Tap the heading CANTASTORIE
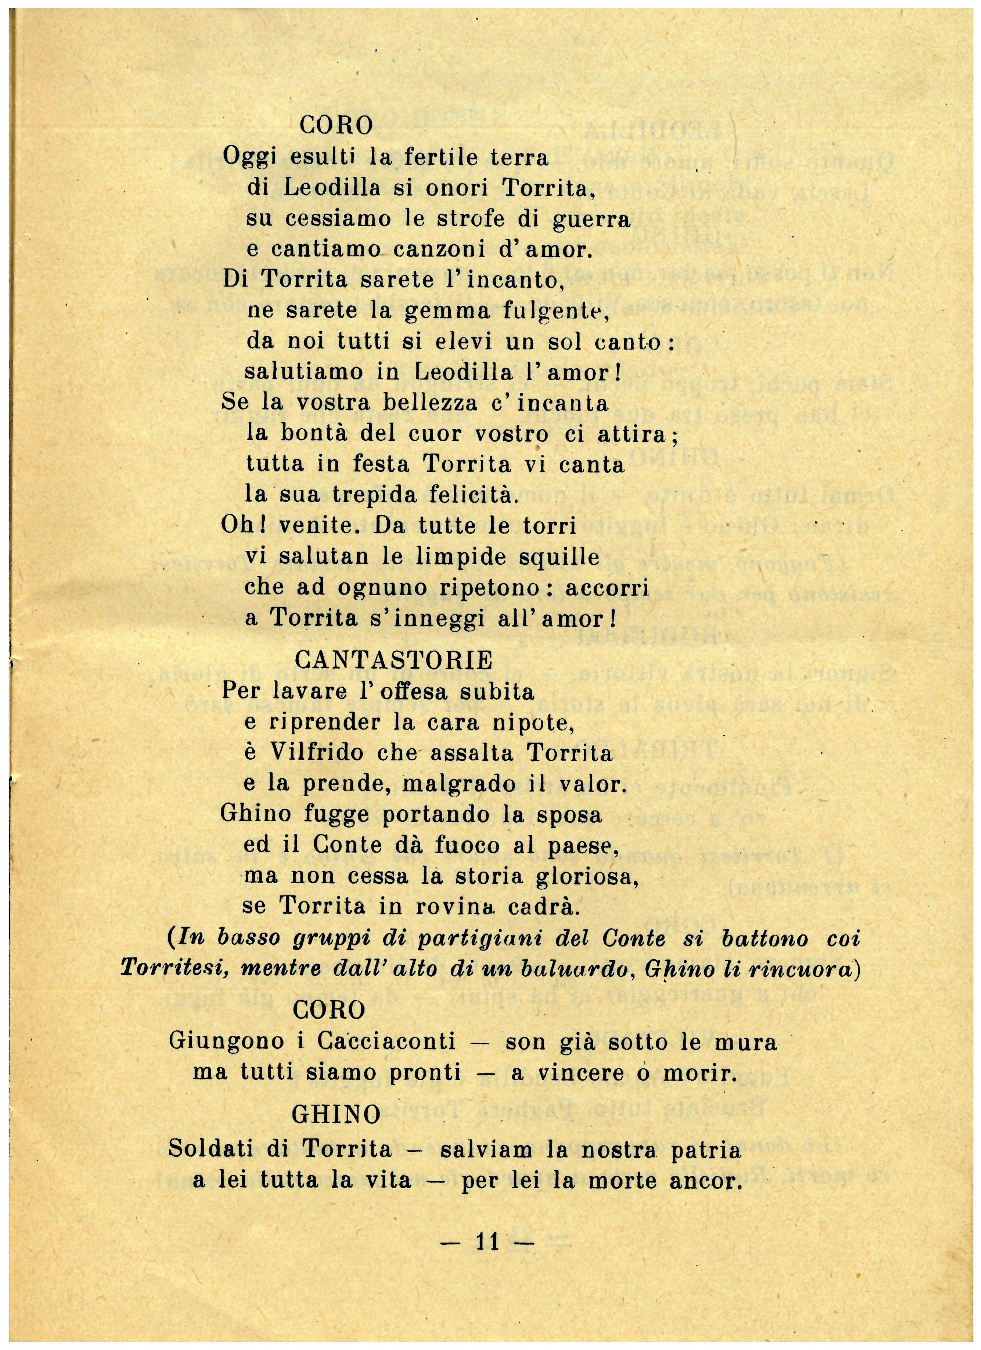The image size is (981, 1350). coord(394,660)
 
